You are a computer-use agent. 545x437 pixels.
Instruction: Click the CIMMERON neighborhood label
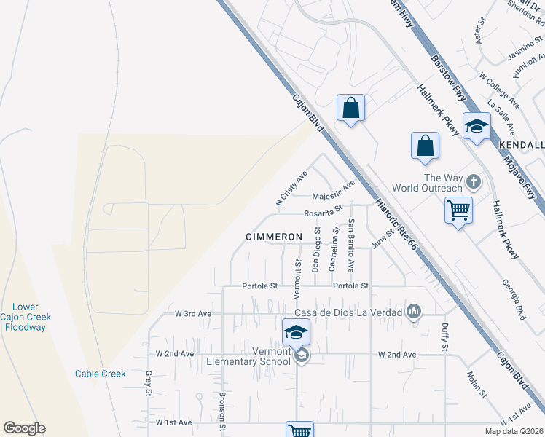click(x=273, y=237)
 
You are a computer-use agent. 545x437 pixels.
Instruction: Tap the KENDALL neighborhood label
click(x=522, y=145)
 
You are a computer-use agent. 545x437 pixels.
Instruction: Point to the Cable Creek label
click(x=101, y=374)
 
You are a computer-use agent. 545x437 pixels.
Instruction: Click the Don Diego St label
click(x=316, y=249)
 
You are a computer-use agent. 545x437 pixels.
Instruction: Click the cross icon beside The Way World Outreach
click(x=473, y=181)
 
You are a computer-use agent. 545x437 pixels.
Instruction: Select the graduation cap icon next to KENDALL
click(x=477, y=126)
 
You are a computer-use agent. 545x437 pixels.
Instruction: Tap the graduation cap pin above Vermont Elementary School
click(x=296, y=332)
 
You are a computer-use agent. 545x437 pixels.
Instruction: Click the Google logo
click(x=24, y=428)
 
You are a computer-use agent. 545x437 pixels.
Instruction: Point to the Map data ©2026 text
click(x=514, y=431)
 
